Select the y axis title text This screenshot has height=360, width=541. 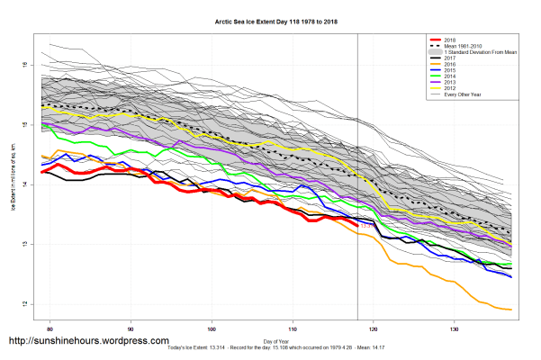click(x=14, y=180)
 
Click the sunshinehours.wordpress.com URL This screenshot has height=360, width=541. click(x=88, y=342)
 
